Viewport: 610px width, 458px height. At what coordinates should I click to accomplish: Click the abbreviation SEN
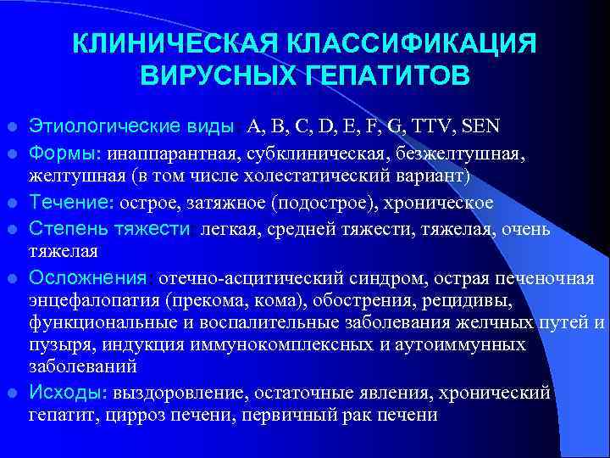pyautogui.click(x=480, y=128)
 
